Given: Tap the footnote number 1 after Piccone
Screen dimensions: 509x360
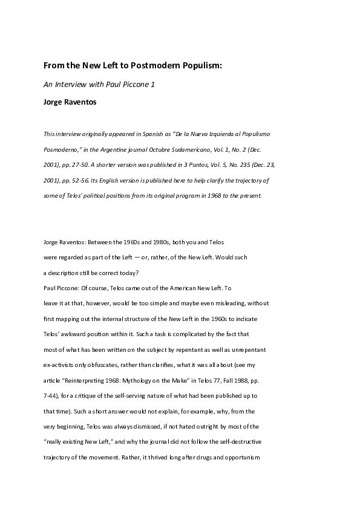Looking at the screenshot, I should [153, 85].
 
